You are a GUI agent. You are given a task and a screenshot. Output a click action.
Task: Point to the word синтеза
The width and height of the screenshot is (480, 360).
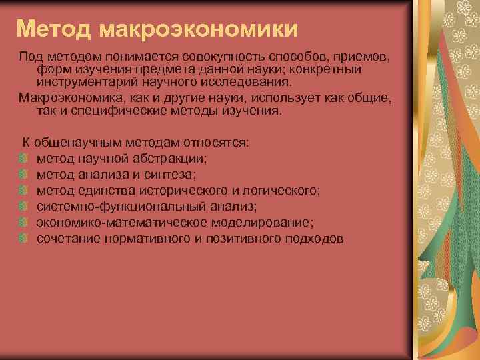pos(175,174)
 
